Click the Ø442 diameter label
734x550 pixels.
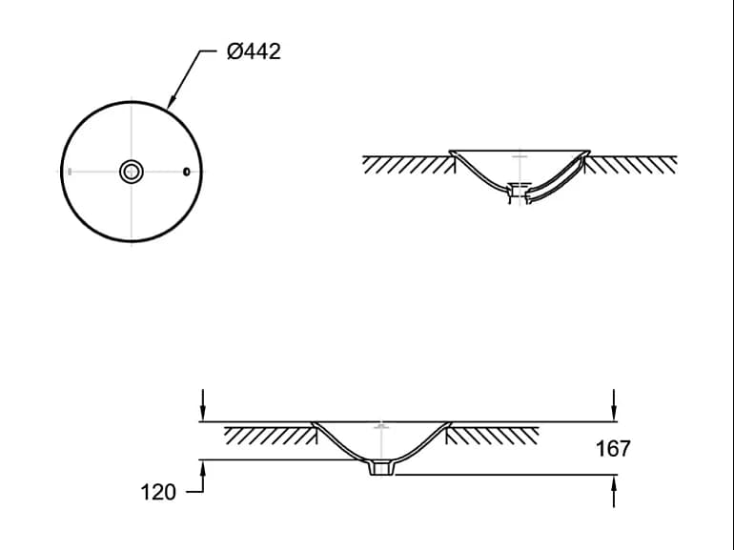coord(254,51)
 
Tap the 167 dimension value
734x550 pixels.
coord(613,448)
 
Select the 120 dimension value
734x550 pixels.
coord(158,493)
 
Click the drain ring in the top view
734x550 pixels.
coord(132,172)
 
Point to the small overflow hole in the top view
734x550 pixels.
coord(186,172)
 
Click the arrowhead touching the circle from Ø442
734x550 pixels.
coord(172,101)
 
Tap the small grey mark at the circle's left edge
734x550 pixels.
coord(70,172)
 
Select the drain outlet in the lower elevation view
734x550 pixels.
coord(379,468)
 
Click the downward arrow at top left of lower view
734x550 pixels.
coord(203,405)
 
